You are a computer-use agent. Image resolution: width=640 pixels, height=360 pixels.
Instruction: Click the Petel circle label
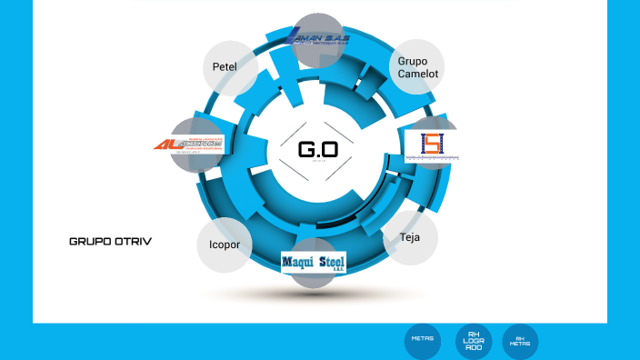coord(225,67)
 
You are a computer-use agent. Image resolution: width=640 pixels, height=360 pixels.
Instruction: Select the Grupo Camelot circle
coord(416,67)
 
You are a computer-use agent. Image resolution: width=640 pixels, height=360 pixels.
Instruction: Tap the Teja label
coord(409,237)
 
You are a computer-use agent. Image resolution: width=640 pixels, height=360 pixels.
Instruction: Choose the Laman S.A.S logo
coord(316,38)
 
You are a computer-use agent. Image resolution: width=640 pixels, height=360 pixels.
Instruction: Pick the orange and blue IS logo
coord(432,145)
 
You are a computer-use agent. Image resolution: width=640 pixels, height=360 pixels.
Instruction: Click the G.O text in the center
coord(318,149)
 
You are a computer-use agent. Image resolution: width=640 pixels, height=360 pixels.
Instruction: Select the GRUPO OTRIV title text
coord(110,242)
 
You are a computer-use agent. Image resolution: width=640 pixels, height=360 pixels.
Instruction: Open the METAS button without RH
coord(423,339)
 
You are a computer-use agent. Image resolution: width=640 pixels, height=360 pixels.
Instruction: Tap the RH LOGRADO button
coord(474,341)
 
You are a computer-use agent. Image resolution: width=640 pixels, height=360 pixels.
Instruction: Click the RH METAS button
coord(520,342)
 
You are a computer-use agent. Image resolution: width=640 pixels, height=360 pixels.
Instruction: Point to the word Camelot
coord(416,74)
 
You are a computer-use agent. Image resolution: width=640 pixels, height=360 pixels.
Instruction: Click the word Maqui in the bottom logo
coord(298,263)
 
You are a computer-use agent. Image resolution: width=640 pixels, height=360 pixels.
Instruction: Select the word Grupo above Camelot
coord(413,61)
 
